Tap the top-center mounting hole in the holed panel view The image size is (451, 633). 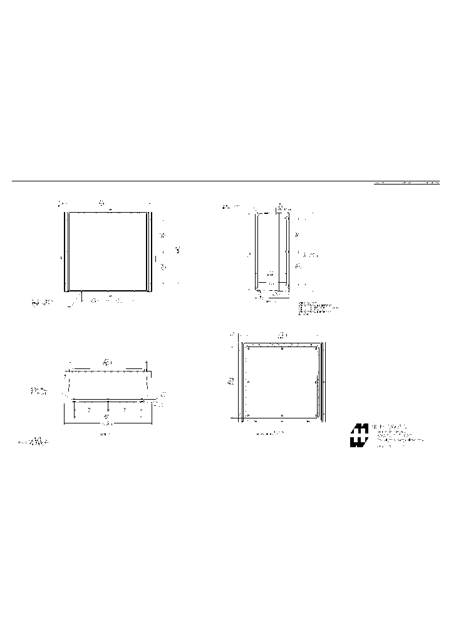click(283, 348)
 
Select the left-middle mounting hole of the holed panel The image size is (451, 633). click(249, 382)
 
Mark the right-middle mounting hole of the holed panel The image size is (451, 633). click(316, 381)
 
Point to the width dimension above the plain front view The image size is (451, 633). click(101, 203)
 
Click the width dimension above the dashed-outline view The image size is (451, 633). click(107, 362)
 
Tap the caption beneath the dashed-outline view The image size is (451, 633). click(105, 433)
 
